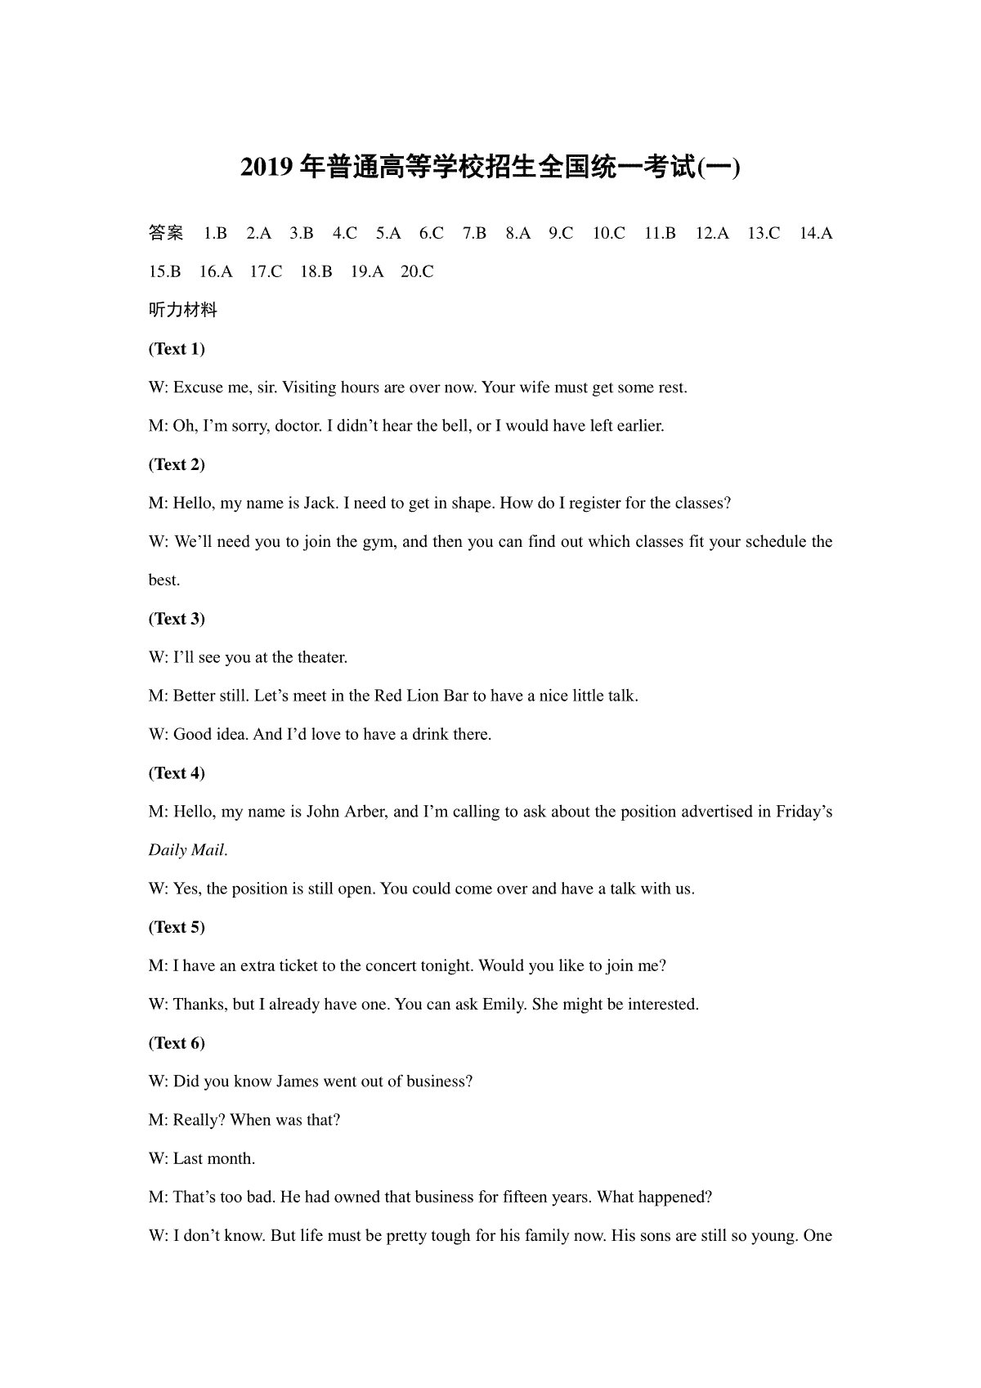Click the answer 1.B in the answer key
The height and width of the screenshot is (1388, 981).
[x=215, y=234]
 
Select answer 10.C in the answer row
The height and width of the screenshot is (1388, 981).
[x=608, y=234]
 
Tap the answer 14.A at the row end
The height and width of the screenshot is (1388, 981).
[x=815, y=234]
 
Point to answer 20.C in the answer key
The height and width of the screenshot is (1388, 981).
[x=417, y=272]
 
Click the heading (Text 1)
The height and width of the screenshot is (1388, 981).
[x=177, y=349]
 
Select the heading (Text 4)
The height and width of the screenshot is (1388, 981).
[x=177, y=773]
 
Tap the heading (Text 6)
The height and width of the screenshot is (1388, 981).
[x=177, y=1043]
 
